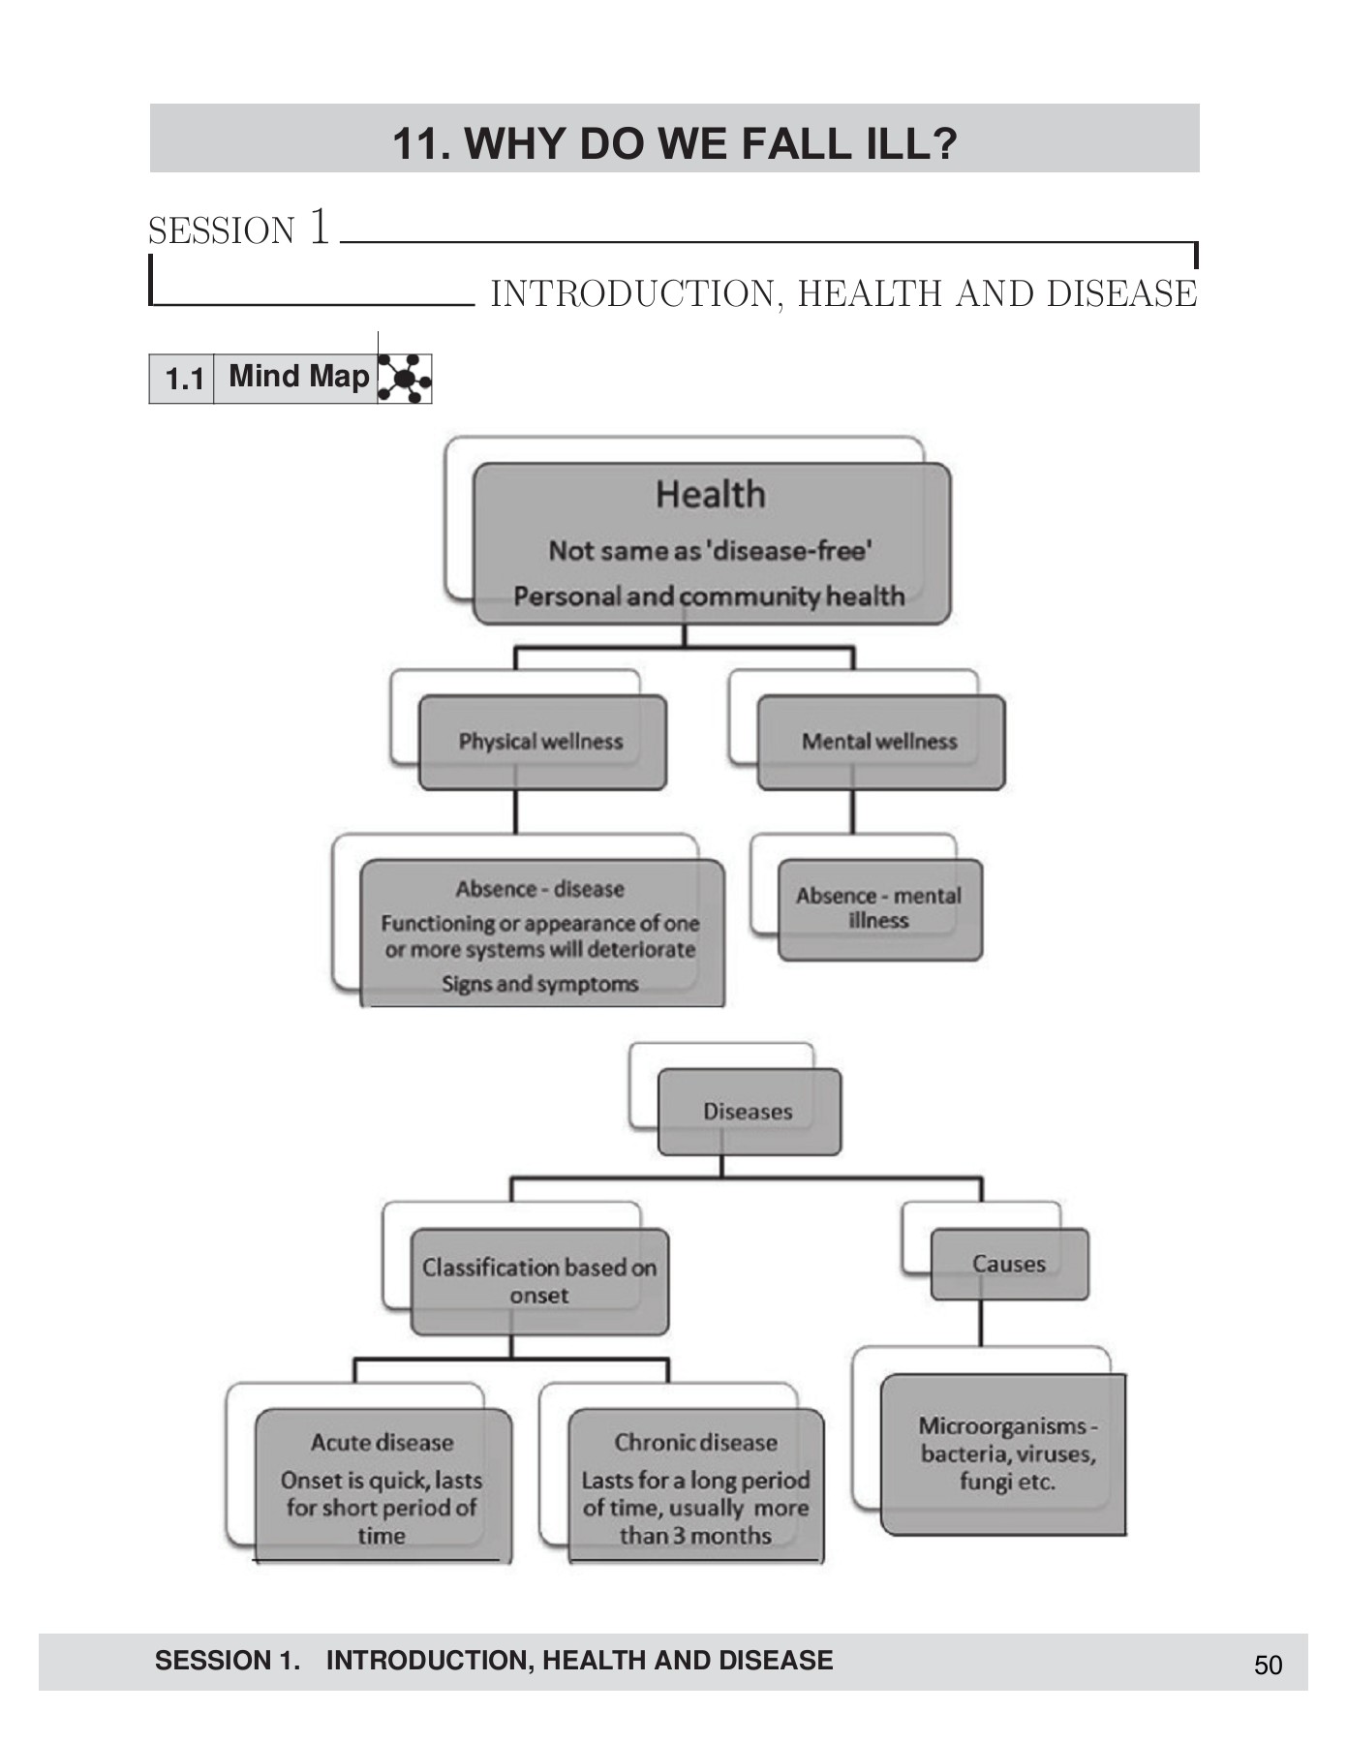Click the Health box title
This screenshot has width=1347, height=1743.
tap(710, 495)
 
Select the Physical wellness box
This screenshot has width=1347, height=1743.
tap(541, 742)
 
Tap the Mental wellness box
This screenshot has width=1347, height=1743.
tap(879, 742)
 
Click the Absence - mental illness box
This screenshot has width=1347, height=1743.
tap(879, 908)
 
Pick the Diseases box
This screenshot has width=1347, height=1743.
tap(748, 1112)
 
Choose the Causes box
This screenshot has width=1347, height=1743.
tap(1009, 1264)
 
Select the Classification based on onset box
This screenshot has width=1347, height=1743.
tap(539, 1281)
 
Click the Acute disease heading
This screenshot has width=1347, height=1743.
tap(383, 1443)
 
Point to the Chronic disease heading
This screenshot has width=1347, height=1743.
tap(695, 1443)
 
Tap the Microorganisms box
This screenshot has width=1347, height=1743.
tap(1006, 1453)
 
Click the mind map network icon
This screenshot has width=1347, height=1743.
tap(404, 378)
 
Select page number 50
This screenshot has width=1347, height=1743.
tap(1268, 1666)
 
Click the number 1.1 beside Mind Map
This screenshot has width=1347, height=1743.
tap(184, 379)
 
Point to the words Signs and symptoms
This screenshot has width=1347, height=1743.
tap(540, 984)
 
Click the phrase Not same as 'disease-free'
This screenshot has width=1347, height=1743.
tap(710, 551)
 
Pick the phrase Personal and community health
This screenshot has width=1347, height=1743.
tap(709, 596)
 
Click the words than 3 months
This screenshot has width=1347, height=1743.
tap(695, 1536)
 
